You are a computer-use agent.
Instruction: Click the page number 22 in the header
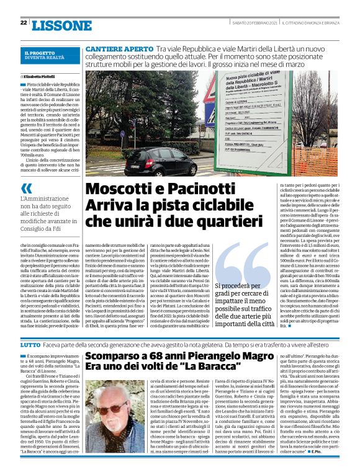pos(23,23)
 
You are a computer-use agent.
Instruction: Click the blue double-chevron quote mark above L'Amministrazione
pos(26,189)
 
